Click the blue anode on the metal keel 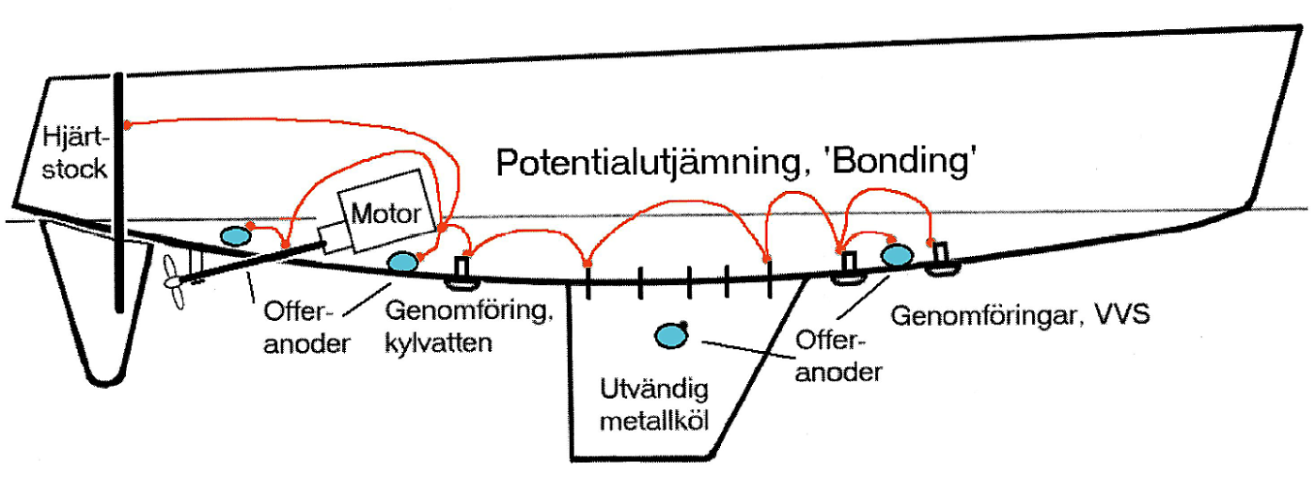point(671,335)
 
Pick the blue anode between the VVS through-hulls point(897,255)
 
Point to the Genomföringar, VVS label point(1019,313)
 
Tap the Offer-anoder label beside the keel point(838,354)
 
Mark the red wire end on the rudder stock point(128,123)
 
